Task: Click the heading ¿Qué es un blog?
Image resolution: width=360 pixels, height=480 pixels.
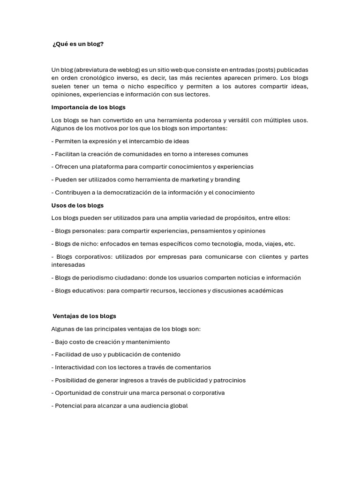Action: point(78,44)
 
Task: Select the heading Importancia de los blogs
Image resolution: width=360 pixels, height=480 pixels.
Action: point(88,107)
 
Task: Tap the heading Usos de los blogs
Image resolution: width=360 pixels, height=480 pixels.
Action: point(77,205)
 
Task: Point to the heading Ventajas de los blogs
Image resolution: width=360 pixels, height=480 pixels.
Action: point(84,316)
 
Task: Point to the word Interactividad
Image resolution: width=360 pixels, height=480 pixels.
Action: point(75,367)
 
